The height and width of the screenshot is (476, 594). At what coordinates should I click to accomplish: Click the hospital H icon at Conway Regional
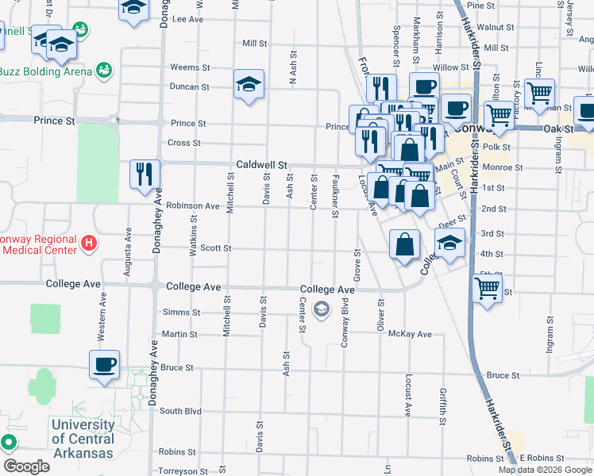[x=89, y=242]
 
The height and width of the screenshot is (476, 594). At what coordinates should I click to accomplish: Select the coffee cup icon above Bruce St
[x=104, y=365]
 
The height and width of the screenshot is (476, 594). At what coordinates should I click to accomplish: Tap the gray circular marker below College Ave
[x=322, y=309]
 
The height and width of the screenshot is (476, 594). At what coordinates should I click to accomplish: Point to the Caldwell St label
[x=260, y=165]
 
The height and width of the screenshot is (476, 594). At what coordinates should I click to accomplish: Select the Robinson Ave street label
[x=192, y=205]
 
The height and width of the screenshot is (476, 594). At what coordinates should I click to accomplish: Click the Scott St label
[x=215, y=248]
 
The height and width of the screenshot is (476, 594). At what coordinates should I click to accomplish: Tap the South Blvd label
[x=180, y=411]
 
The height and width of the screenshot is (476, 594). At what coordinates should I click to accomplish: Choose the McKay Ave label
[x=410, y=334]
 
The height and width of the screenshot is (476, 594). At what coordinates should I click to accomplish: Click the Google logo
[x=26, y=466]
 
